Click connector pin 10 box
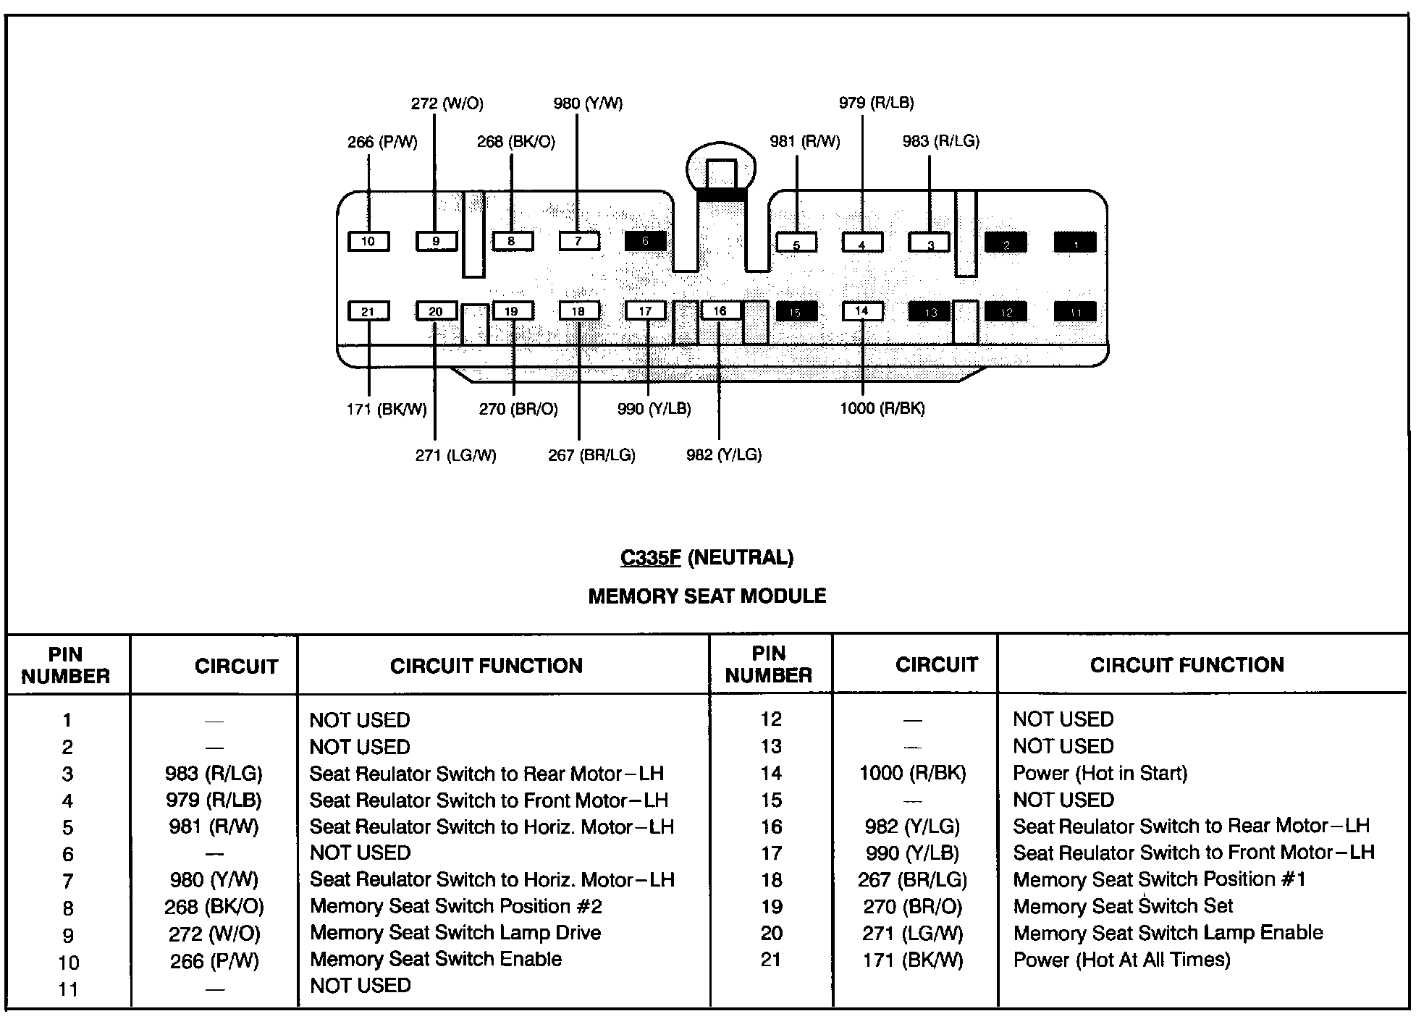[x=368, y=241]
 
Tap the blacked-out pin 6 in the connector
[x=645, y=241]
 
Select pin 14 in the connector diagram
[x=861, y=311]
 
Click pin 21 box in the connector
[x=368, y=311]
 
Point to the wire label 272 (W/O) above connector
[x=447, y=103]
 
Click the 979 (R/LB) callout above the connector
[x=876, y=103]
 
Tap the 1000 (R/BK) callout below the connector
[x=882, y=409]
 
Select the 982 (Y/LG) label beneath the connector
[x=724, y=455]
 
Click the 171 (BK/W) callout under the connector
[x=387, y=410]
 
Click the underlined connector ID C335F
[x=650, y=558]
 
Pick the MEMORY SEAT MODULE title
[x=707, y=596]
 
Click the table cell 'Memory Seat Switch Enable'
[x=436, y=959]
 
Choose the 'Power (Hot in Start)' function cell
[x=1100, y=773]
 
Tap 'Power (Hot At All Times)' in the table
[x=1121, y=960]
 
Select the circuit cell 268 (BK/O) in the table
[x=214, y=907]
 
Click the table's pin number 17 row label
[x=771, y=853]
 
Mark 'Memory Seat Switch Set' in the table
[x=1123, y=906]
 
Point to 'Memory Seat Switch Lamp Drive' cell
[x=455, y=933]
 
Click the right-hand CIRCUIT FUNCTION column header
[x=1187, y=665]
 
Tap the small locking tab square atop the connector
[x=720, y=174]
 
